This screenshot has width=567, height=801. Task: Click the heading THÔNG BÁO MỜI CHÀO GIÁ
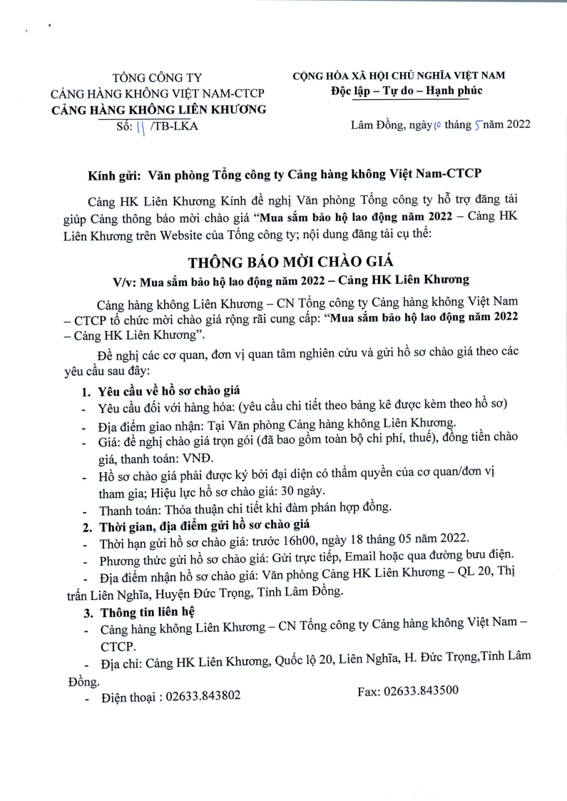[x=283, y=260]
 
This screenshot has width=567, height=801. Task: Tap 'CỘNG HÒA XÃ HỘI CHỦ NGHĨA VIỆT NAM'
[x=399, y=76]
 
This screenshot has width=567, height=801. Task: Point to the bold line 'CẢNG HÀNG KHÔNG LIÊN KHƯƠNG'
[x=158, y=110]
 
